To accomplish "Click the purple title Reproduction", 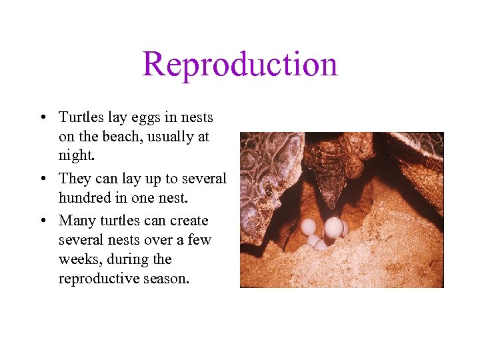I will [x=239, y=64].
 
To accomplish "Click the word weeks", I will [x=77, y=259].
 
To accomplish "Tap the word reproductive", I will [x=98, y=279].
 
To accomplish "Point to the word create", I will [x=190, y=221].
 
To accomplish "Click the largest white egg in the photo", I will [x=333, y=227].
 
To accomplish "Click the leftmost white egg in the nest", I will [x=308, y=227].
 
